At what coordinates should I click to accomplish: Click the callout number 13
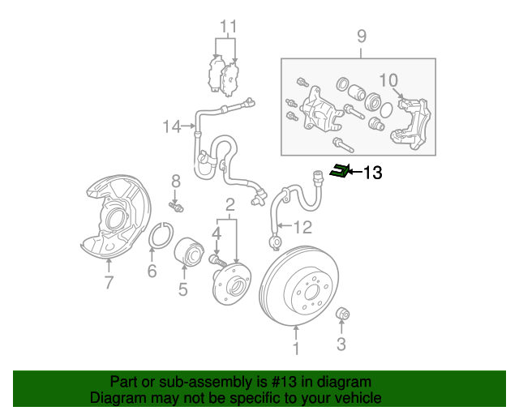(372, 172)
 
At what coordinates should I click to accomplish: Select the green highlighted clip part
(341, 170)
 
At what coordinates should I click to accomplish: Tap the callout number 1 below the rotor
(296, 349)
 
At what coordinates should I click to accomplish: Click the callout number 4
(216, 233)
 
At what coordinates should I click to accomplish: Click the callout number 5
(183, 289)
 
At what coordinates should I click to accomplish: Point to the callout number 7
(108, 281)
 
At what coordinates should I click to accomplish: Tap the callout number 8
(174, 180)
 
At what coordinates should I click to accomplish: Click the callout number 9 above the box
(362, 36)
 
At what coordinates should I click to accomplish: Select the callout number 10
(388, 79)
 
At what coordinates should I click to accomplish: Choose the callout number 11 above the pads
(228, 26)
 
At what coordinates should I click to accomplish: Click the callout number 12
(302, 226)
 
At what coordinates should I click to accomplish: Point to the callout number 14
(171, 126)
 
